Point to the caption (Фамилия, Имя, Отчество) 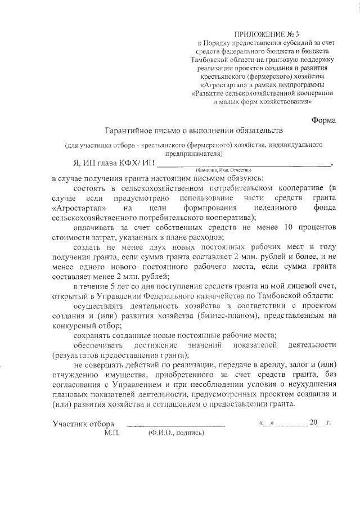click(223, 170)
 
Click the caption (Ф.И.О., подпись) click(176, 434)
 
